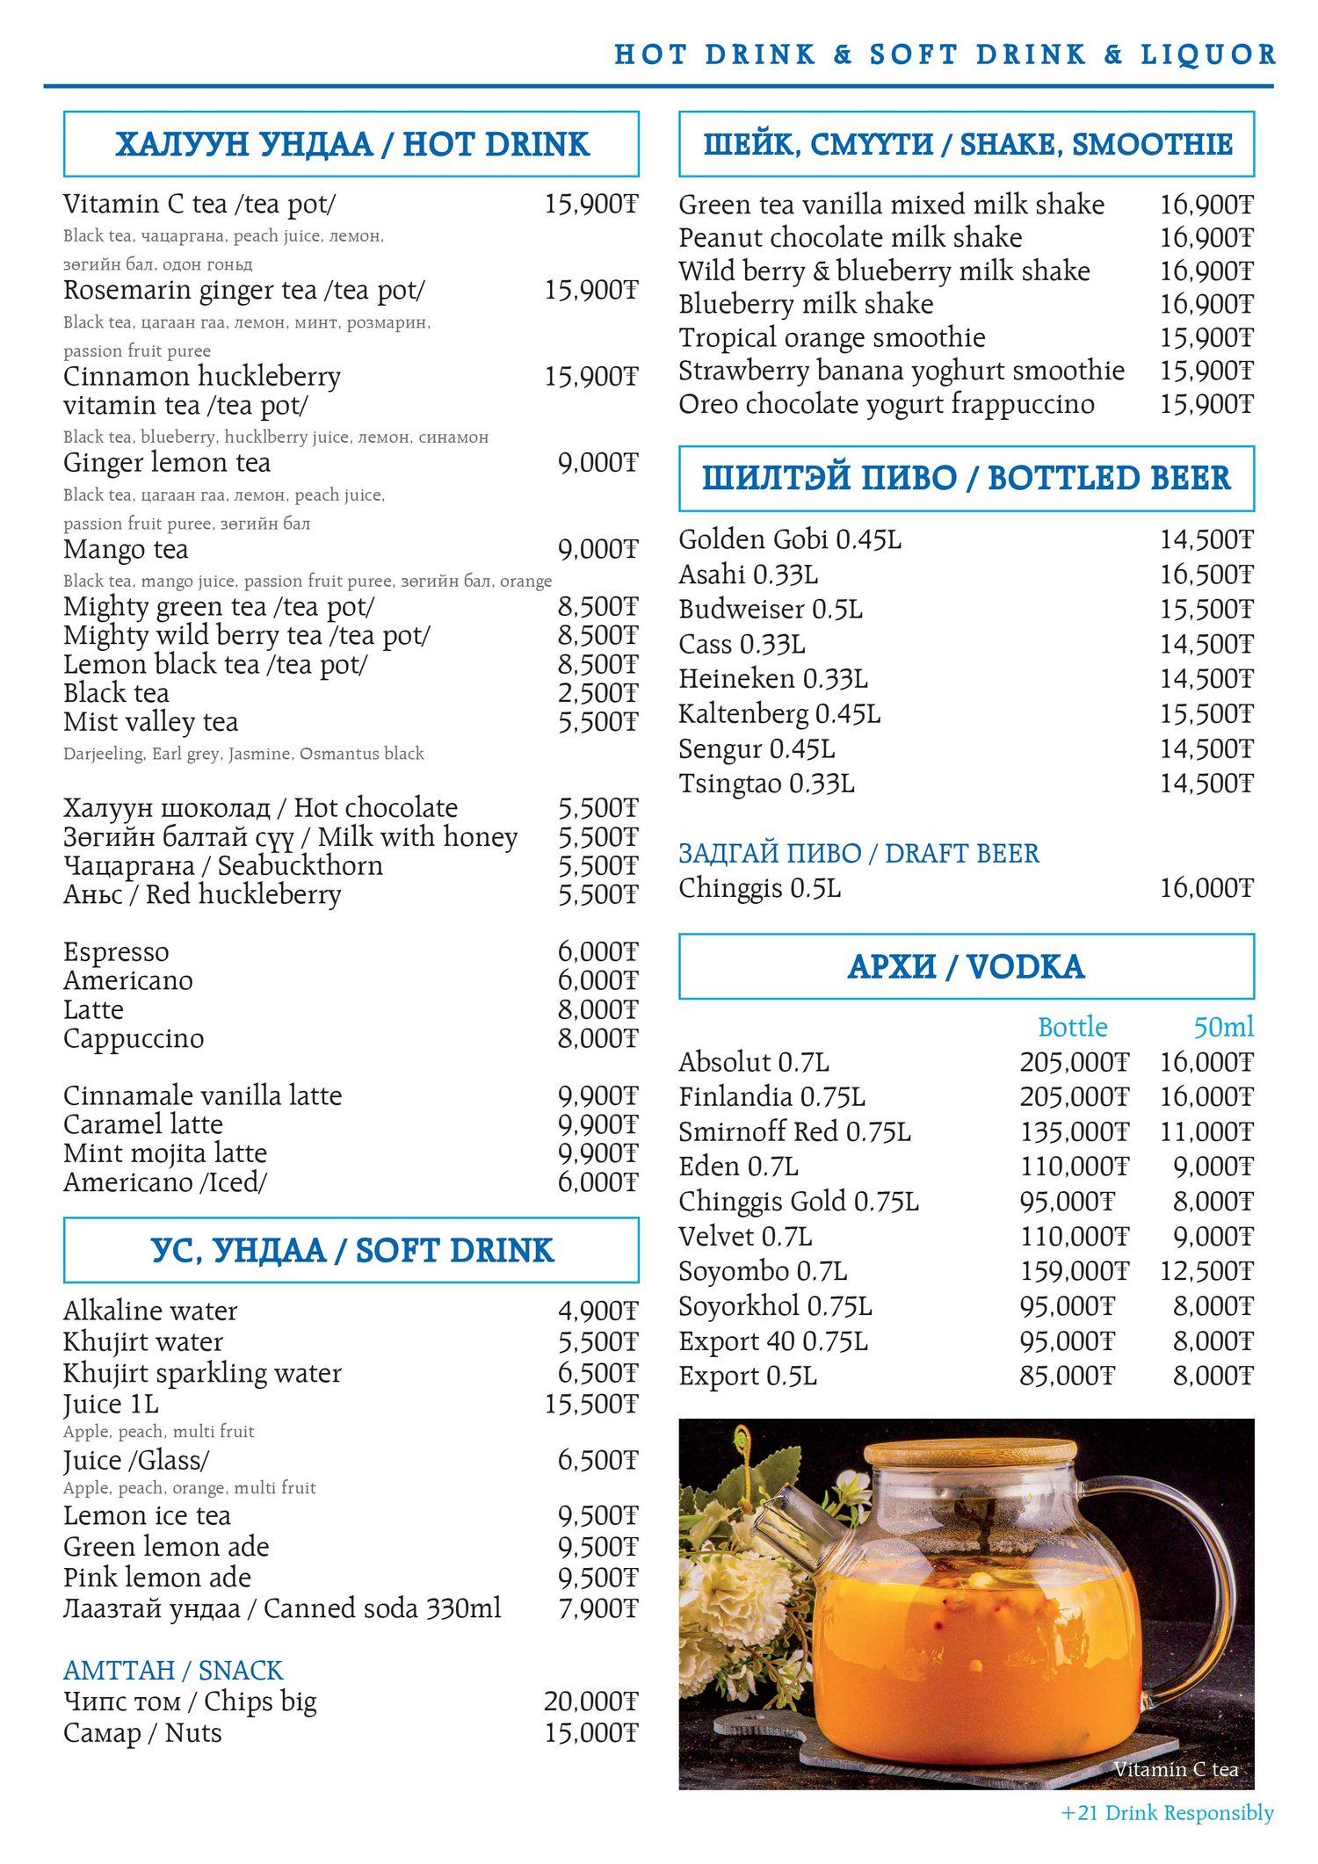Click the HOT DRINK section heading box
(x=351, y=144)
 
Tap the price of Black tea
(x=597, y=693)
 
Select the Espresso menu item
(x=116, y=952)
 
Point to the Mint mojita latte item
(x=165, y=1153)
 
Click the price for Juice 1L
(x=590, y=1404)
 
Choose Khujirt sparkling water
(x=202, y=1373)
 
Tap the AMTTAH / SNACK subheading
(x=173, y=1670)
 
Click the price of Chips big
(x=590, y=1701)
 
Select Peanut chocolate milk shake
(x=850, y=238)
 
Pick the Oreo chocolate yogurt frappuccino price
(x=1206, y=404)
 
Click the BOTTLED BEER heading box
(x=966, y=479)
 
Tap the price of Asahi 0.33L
(x=1206, y=574)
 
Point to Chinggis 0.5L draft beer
(x=759, y=888)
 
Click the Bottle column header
(x=1072, y=1027)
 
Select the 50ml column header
(x=1223, y=1027)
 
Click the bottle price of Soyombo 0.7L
(x=1074, y=1271)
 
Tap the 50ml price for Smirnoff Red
(x=1206, y=1131)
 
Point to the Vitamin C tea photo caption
(x=1176, y=1769)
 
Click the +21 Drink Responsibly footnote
(x=1167, y=1813)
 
